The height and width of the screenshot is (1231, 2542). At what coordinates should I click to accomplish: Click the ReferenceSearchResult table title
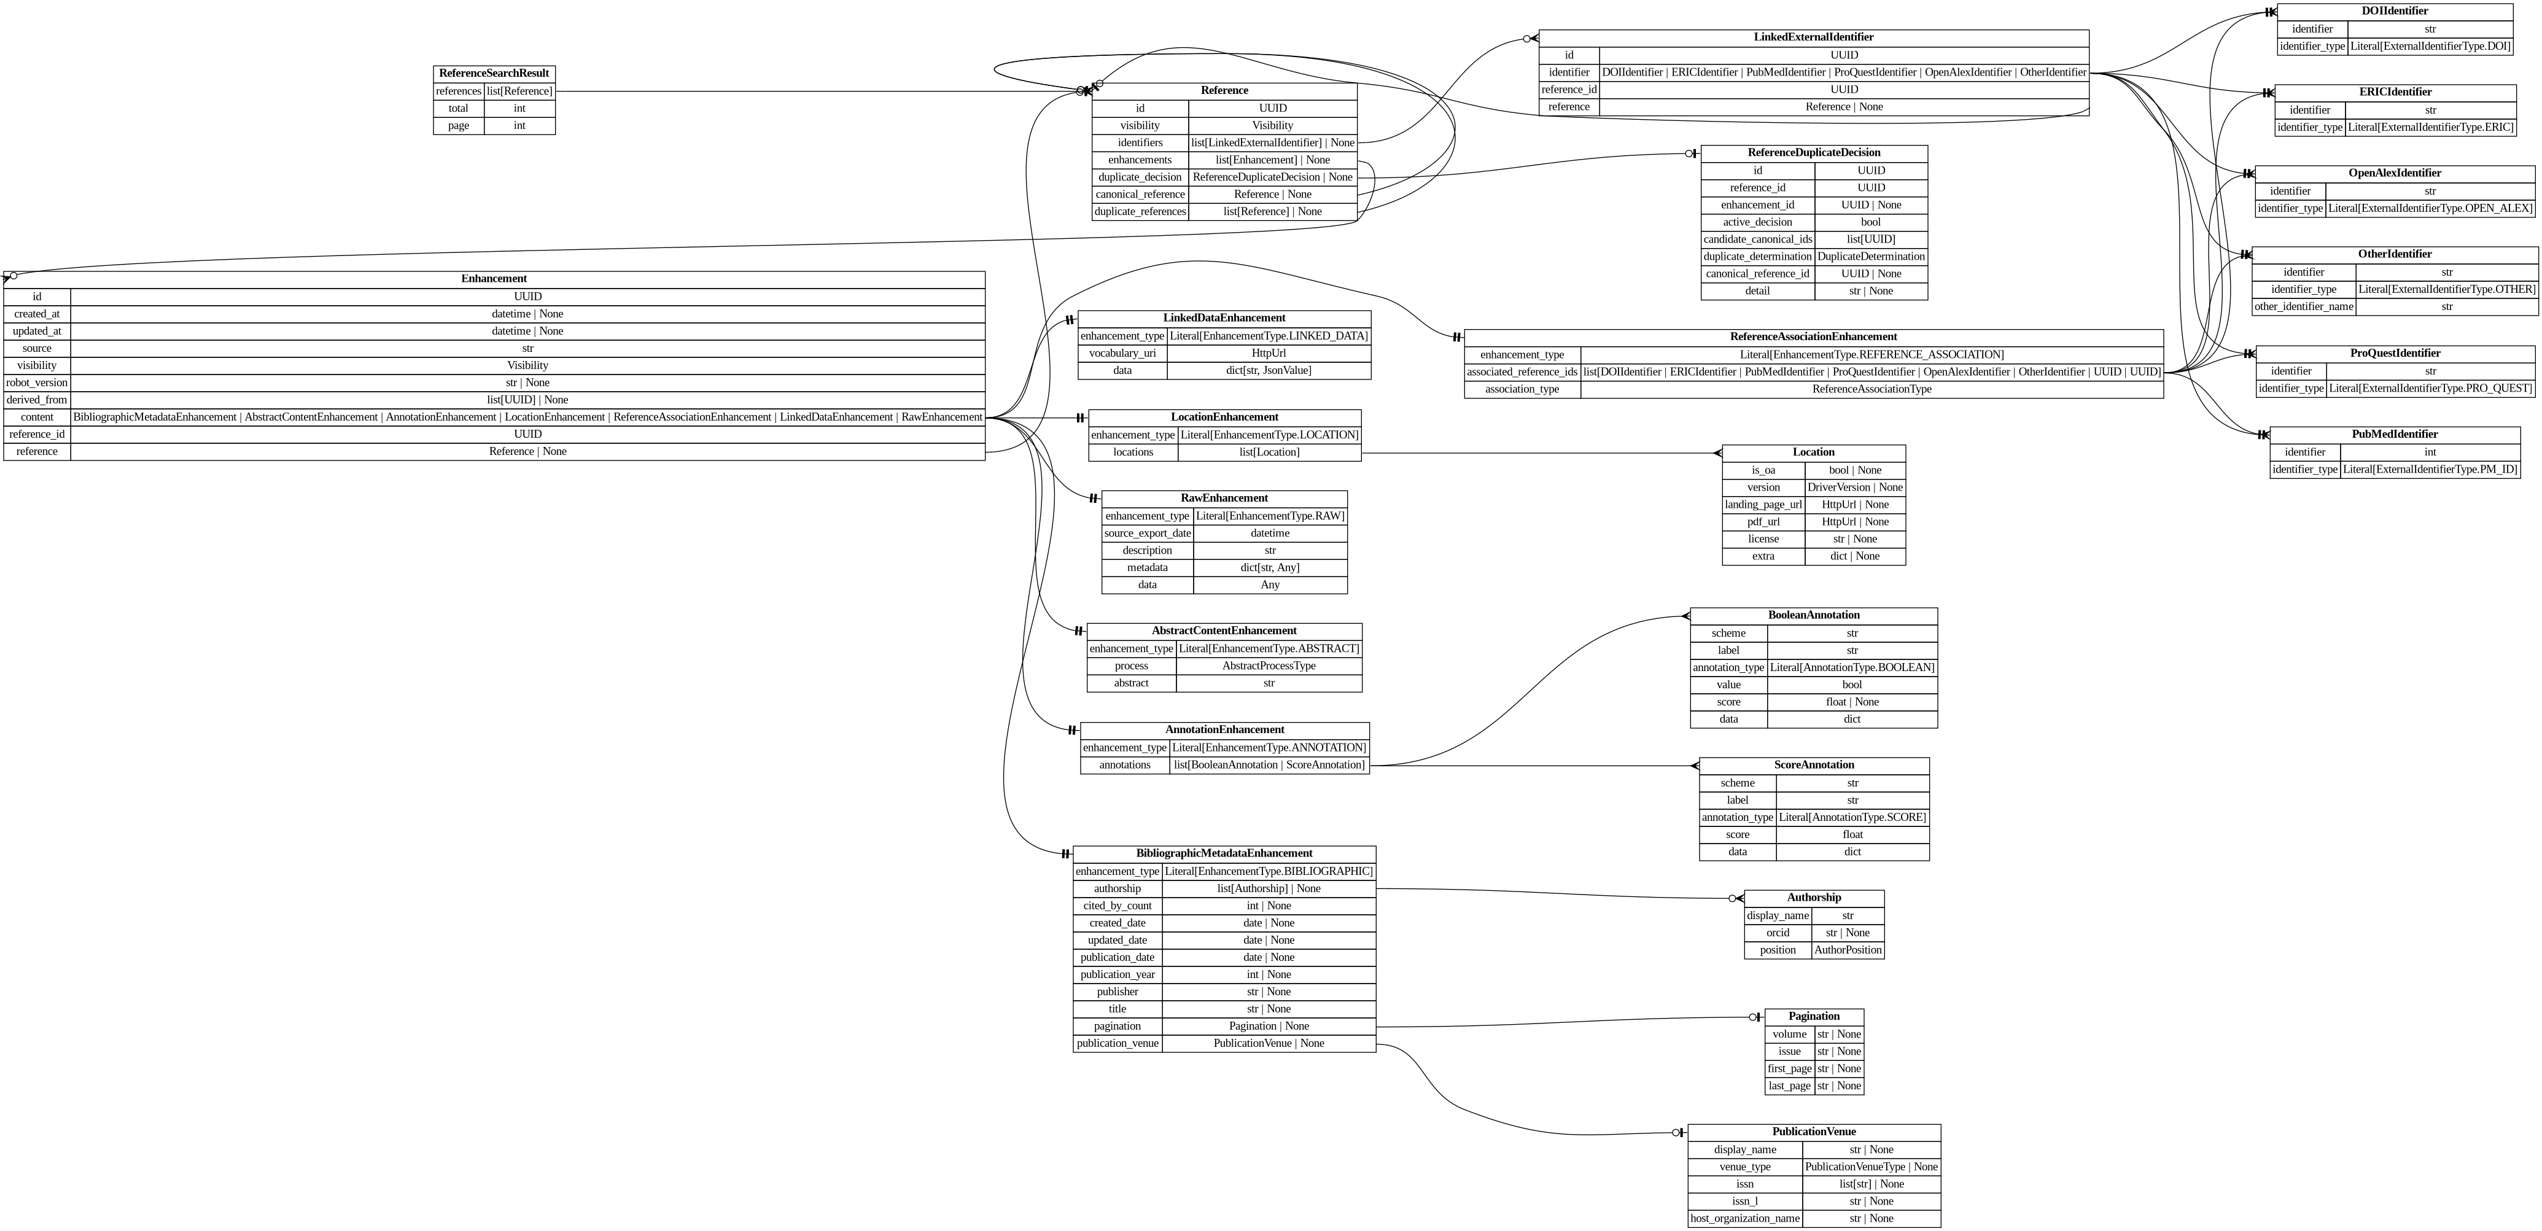click(494, 73)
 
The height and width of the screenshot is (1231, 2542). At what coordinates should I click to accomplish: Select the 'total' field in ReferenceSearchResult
click(459, 109)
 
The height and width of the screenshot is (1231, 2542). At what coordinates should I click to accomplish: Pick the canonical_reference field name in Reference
click(1140, 194)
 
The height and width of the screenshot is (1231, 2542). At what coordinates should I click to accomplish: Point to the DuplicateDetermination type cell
click(1870, 257)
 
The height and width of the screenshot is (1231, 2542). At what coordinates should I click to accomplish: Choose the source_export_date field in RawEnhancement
click(1147, 533)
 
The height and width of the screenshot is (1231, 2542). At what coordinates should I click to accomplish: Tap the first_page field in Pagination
click(1789, 1068)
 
